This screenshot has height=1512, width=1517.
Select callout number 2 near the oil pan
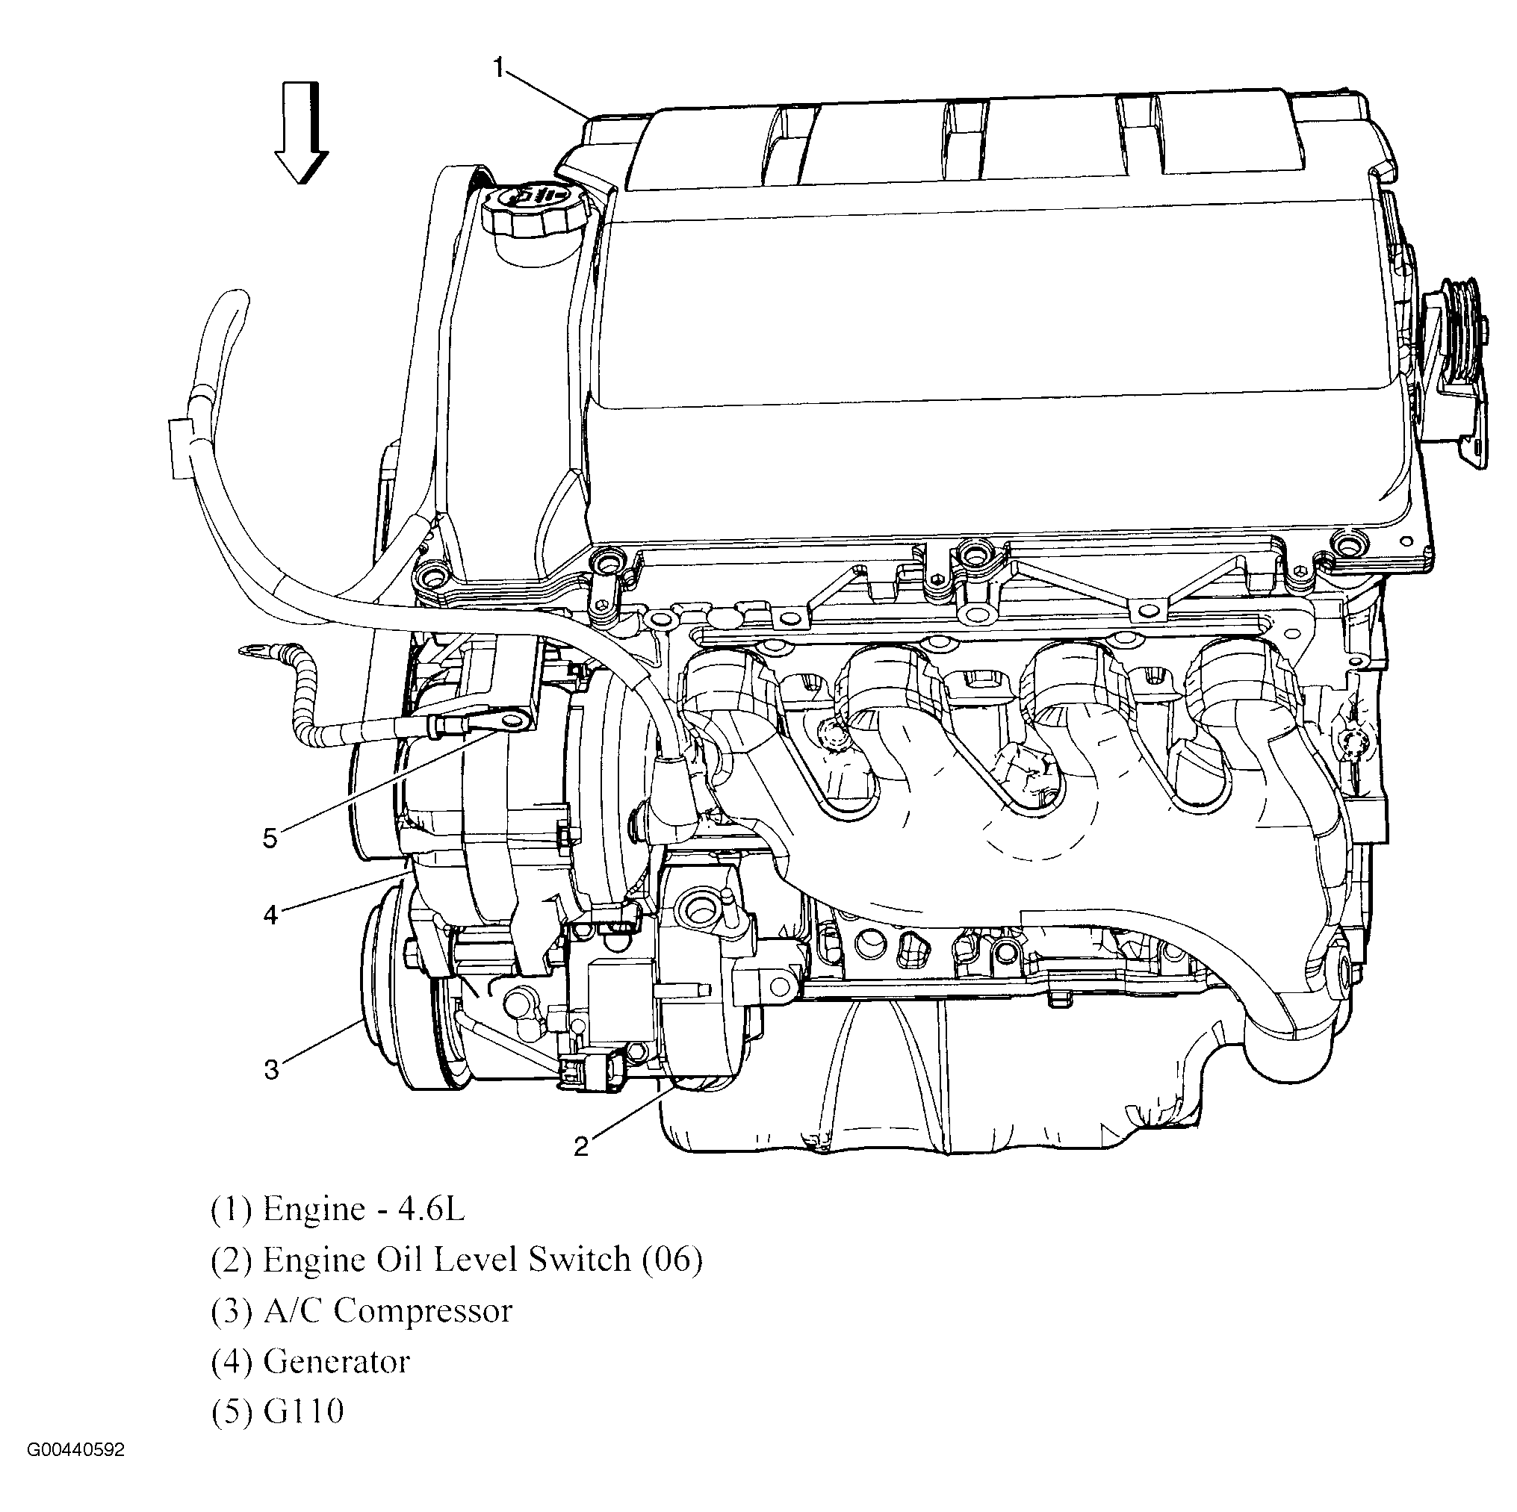581,1147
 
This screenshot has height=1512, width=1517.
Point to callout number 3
271,1069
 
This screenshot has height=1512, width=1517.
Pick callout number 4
270,914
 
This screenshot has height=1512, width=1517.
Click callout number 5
270,839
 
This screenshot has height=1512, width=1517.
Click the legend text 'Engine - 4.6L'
364,1209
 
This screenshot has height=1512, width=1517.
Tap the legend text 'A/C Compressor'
387,1311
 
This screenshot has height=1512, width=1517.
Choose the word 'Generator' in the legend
336,1361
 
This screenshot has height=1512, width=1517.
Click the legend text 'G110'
303,1410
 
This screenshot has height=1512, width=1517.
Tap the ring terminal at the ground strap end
255,650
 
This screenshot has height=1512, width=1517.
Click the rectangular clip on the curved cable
181,447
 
